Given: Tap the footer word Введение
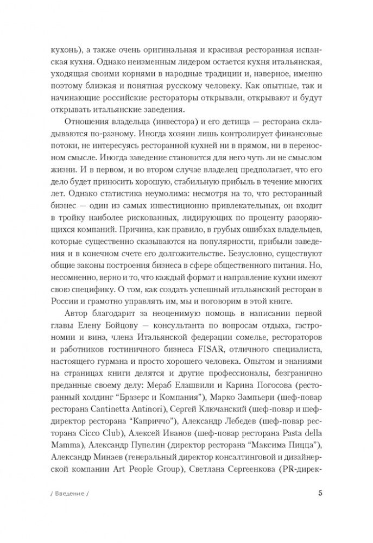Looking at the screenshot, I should (x=68, y=509).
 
